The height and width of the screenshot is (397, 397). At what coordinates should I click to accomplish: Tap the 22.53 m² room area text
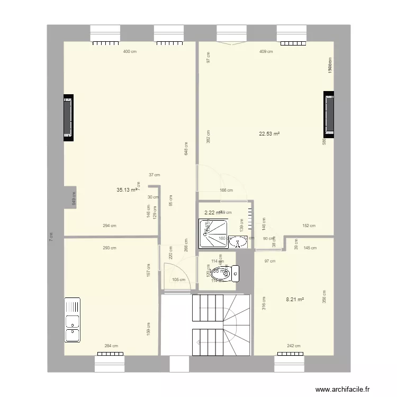(269, 134)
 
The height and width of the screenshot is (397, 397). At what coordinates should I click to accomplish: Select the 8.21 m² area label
(295, 299)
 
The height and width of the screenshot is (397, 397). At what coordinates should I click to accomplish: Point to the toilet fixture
(225, 273)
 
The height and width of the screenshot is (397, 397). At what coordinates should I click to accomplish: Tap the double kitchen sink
(73, 321)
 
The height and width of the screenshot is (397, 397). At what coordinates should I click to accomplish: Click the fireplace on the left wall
(68, 118)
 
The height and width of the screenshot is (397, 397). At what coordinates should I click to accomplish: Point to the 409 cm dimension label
(266, 51)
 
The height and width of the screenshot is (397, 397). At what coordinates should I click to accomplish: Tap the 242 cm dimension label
(294, 346)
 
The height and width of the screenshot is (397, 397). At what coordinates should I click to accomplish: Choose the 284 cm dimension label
(111, 346)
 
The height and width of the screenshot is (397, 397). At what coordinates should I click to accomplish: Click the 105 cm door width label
(179, 280)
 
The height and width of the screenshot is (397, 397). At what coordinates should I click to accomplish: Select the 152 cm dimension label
(309, 225)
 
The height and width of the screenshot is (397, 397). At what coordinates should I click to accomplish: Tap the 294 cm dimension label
(110, 225)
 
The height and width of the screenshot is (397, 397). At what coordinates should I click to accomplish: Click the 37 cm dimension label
(154, 175)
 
